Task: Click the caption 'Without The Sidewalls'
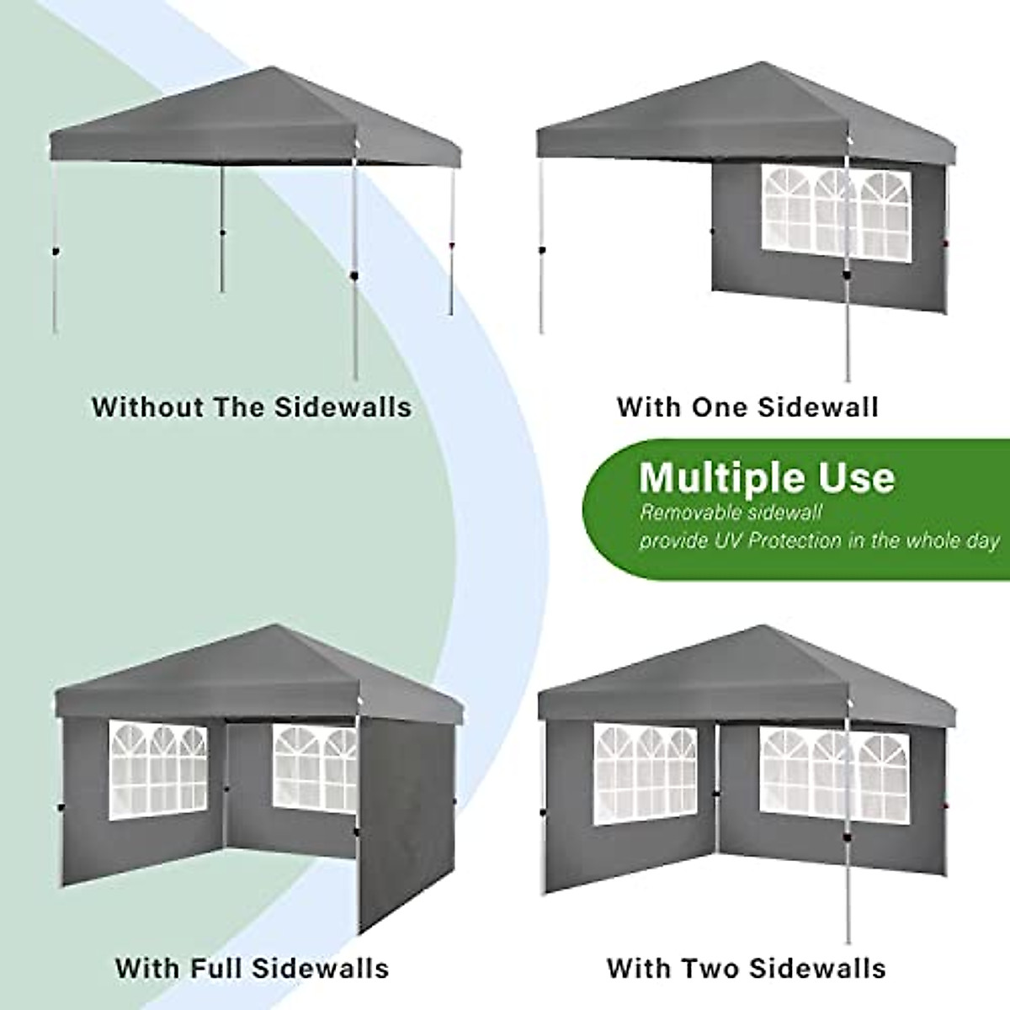pos(252,407)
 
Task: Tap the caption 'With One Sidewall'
pos(747,407)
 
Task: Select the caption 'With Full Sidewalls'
pos(252,967)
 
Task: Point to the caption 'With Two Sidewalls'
pos(746,967)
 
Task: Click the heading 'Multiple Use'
pos(767,478)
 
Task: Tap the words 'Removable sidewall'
pos(731,512)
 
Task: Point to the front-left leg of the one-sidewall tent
pos(541,252)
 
